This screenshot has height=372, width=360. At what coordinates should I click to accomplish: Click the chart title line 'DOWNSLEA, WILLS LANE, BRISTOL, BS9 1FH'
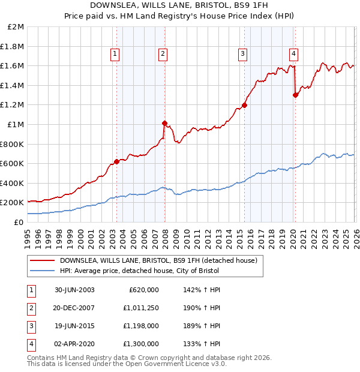click(x=179, y=6)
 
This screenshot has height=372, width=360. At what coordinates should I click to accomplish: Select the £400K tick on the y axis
click(x=12, y=183)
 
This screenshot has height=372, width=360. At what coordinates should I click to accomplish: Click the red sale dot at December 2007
click(x=164, y=123)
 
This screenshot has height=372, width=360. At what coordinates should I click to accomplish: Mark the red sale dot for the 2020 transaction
click(x=295, y=95)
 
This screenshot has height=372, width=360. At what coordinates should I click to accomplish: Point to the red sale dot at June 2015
click(x=244, y=105)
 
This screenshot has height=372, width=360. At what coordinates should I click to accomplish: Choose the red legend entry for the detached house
click(x=158, y=260)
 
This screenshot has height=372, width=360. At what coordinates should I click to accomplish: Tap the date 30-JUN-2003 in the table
click(x=74, y=290)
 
